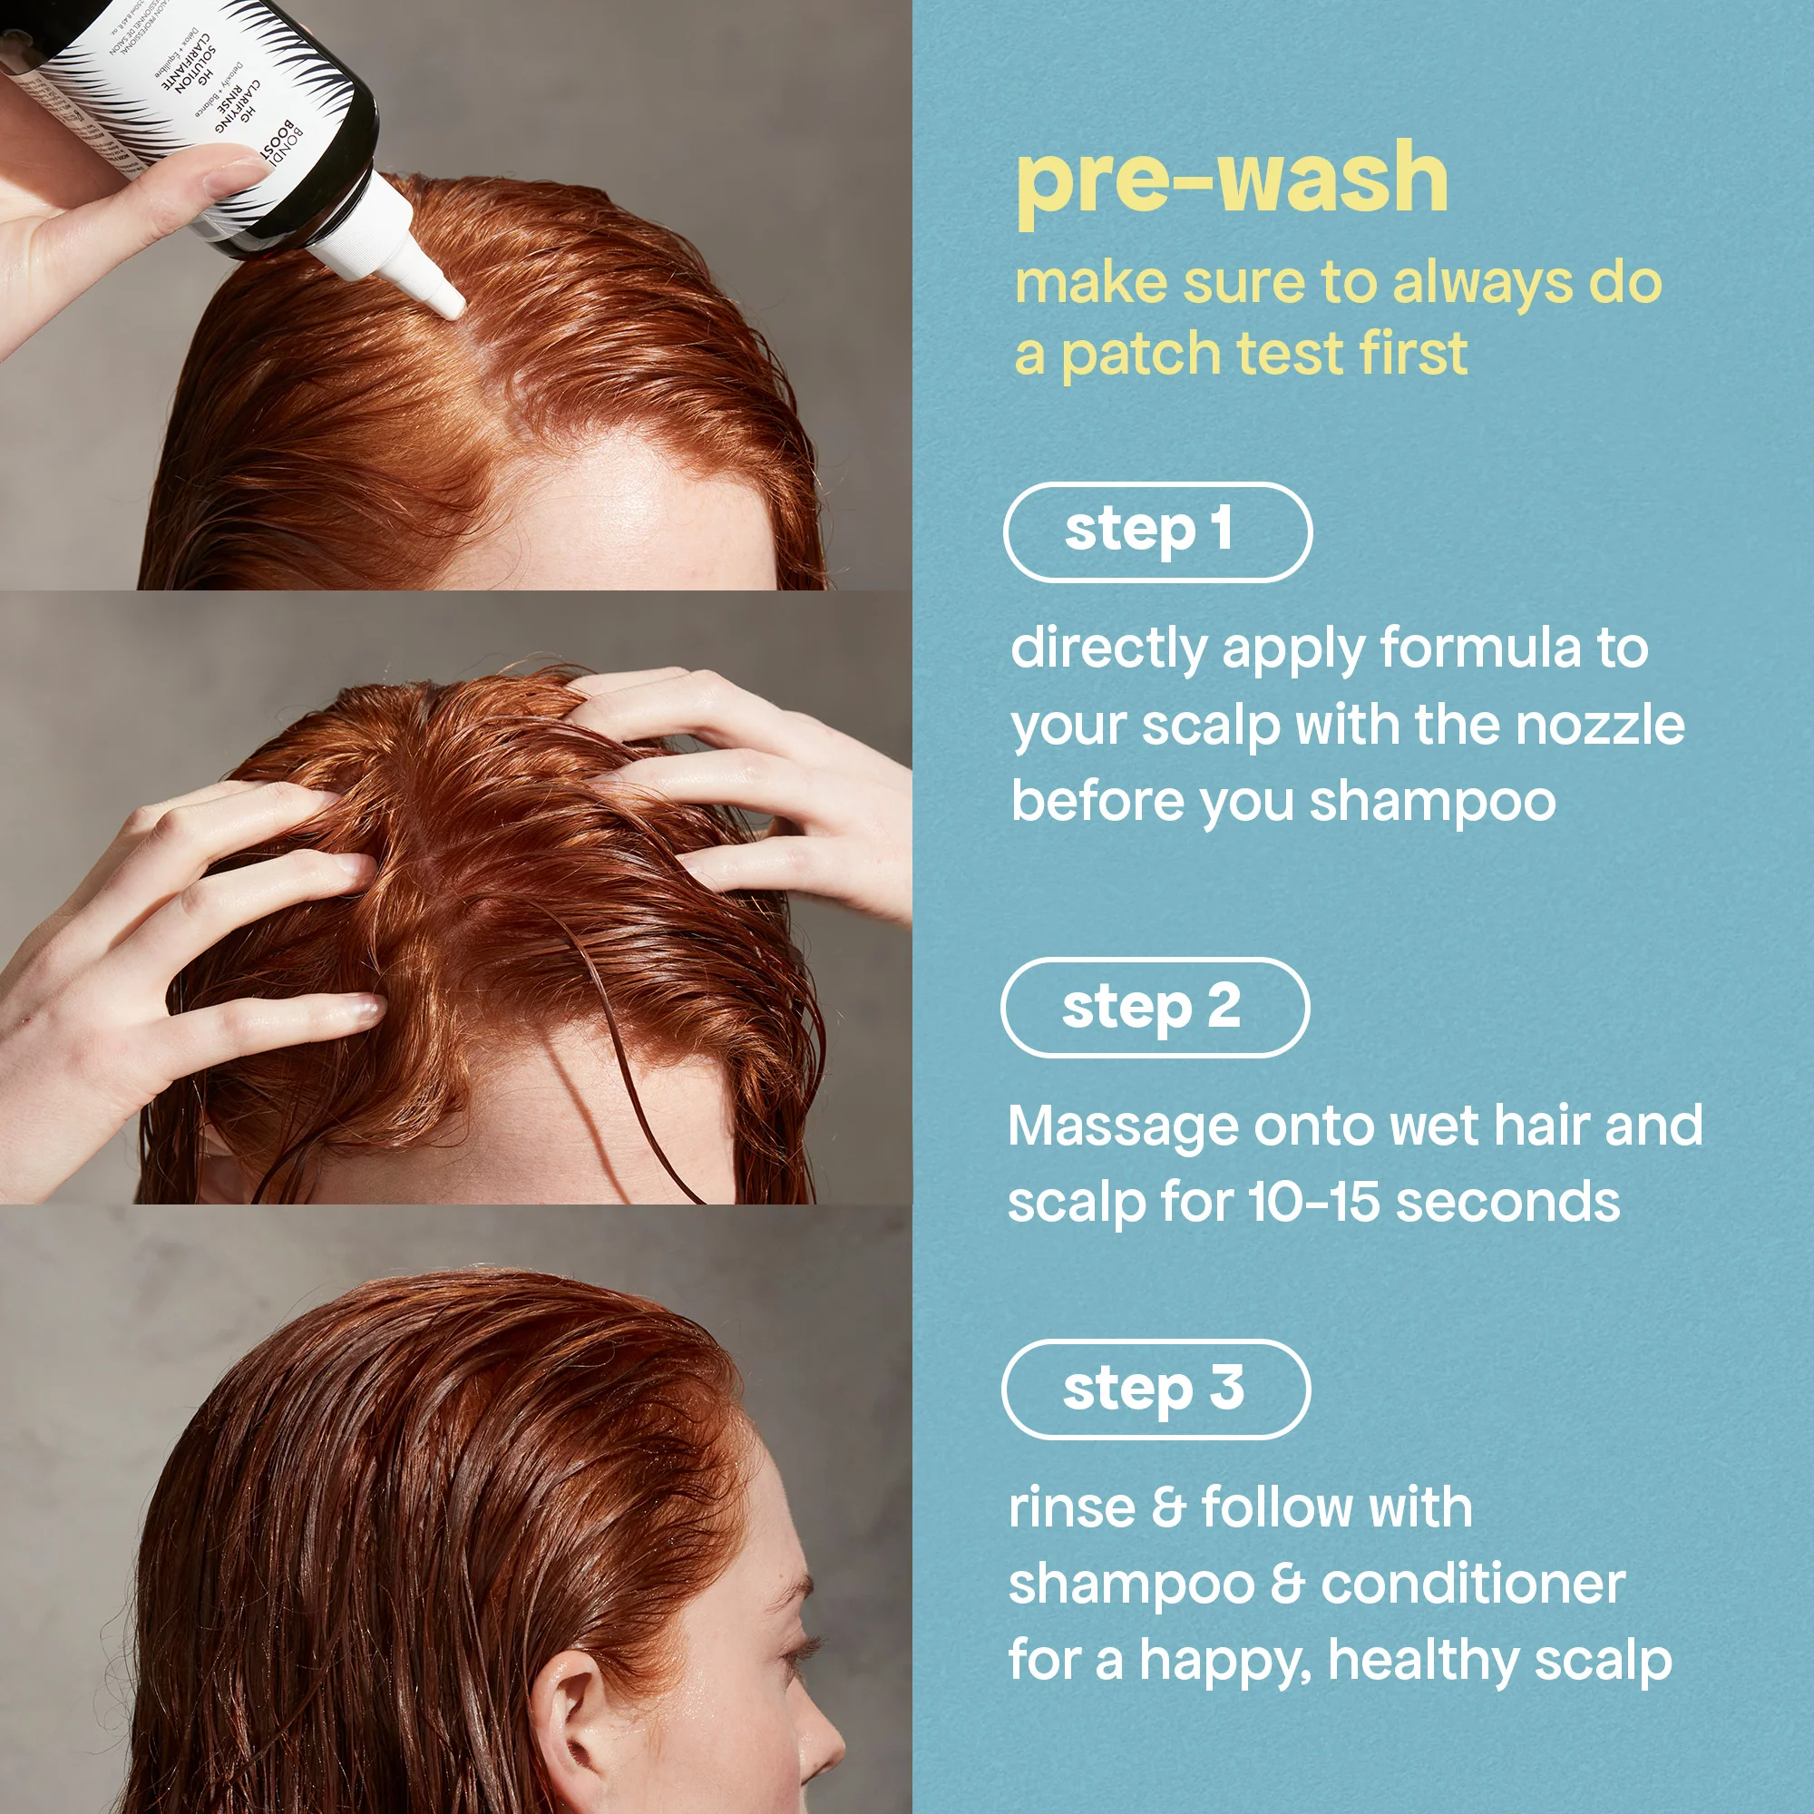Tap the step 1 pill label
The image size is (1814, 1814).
pos(1156,532)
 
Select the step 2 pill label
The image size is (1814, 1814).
pos(1155,1008)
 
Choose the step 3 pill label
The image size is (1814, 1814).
pos(1156,1390)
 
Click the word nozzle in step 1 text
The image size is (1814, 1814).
pos(1599,726)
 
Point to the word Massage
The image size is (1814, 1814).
pos(1122,1127)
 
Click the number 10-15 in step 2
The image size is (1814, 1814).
pos(1313,1203)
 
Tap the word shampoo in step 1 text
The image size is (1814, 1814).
pos(1432,803)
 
